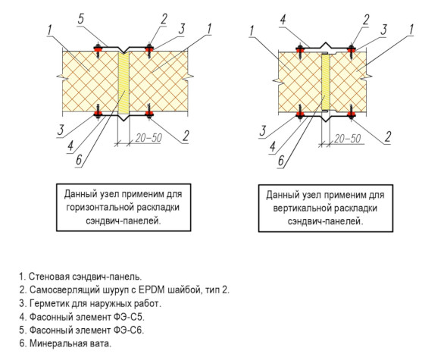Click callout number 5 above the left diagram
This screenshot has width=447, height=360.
tap(81, 20)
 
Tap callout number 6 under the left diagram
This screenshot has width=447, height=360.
tap(79, 160)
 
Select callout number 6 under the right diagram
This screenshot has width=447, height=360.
tap(281, 161)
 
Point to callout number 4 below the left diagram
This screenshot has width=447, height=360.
tap(70, 146)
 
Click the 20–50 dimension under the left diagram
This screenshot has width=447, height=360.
tap(148, 138)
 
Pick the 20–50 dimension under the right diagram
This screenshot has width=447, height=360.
tap(348, 139)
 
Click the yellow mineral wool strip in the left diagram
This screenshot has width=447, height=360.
tap(123, 82)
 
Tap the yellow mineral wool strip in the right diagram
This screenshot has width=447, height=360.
tap(326, 82)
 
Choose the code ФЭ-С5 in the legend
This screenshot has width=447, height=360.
tap(129, 317)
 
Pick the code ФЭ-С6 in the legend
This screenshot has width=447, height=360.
tap(129, 330)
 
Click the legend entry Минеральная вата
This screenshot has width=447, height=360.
tap(70, 343)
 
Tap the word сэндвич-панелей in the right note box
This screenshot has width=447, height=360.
tap(325, 221)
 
